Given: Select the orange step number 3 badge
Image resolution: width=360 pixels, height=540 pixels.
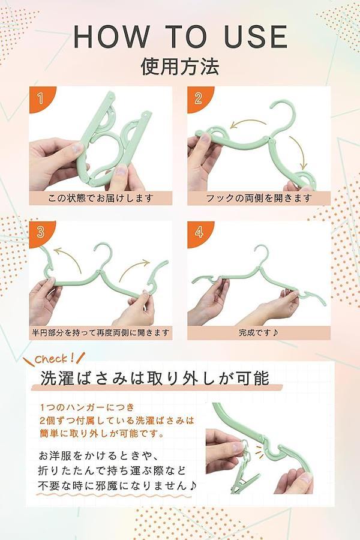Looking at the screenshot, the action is click(40, 232).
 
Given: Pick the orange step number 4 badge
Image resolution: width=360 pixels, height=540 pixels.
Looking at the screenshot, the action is click(198, 232).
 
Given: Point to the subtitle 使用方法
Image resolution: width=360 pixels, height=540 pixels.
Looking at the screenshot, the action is click(180, 66).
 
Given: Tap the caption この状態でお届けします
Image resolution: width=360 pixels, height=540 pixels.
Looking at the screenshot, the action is click(100, 198).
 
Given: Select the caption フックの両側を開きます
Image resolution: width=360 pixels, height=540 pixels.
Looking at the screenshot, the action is click(259, 198).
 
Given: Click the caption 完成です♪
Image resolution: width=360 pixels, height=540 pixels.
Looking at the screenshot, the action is click(259, 332).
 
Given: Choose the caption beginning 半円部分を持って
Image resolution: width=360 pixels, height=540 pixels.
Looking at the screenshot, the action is click(101, 332).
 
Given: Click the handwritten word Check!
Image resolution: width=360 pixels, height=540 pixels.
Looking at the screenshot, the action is click(55, 359).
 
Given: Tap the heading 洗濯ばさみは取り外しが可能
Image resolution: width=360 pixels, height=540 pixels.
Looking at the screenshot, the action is click(155, 378).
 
